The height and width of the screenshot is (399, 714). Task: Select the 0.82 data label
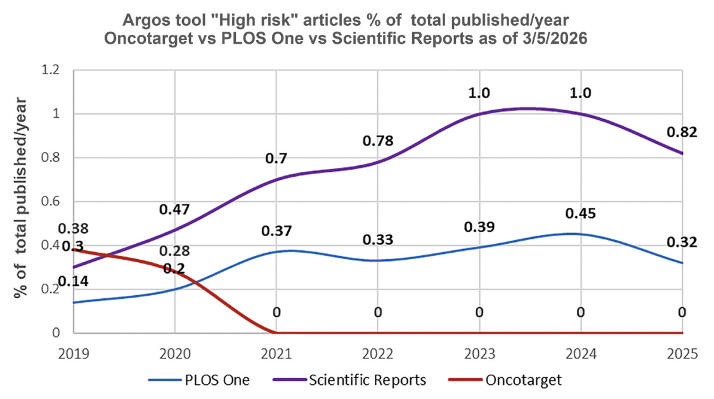pos(682,132)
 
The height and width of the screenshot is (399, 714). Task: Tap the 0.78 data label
pos(378,140)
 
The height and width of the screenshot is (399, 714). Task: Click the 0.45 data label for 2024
pos(581,214)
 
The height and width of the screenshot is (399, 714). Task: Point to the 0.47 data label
pos(174,210)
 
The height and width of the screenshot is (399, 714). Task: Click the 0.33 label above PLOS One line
pos(378,240)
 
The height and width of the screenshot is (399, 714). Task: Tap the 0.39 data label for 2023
pos(479,227)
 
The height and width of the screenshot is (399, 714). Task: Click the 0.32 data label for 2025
pos(682,243)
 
